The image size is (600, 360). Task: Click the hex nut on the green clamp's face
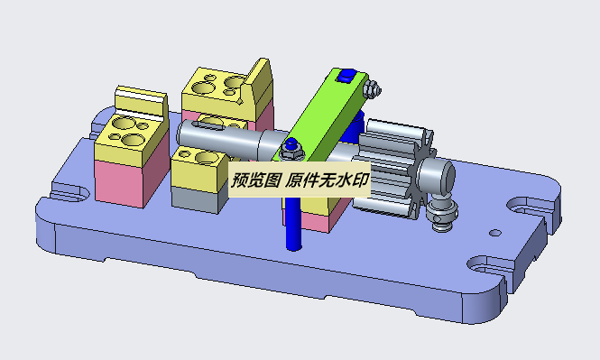pos(291,145)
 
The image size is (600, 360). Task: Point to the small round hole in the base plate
pos(494,233)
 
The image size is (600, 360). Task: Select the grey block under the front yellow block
pos(198,198)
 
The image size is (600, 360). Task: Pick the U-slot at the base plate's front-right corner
pos(487,267)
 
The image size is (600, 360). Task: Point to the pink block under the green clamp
pos(321,217)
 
